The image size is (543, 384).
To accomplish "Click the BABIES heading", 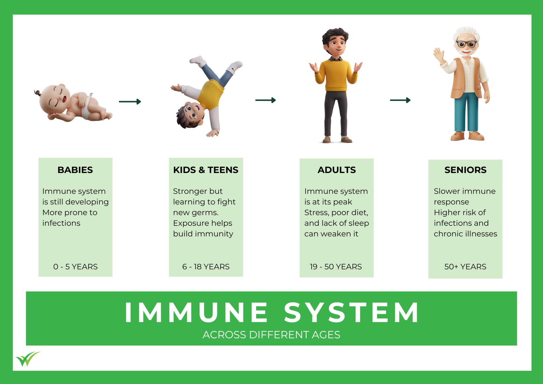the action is click(x=75, y=170).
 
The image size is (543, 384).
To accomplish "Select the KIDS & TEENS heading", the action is click(x=206, y=170).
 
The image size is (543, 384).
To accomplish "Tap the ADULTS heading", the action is click(x=337, y=170).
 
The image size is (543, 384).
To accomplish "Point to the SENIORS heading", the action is click(x=466, y=170).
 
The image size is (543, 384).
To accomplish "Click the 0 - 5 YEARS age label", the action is click(x=75, y=267).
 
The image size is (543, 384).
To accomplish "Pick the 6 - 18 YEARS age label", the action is click(x=206, y=267).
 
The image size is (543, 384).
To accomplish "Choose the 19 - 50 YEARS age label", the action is click(x=336, y=267).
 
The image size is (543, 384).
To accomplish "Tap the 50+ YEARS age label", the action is click(x=465, y=267).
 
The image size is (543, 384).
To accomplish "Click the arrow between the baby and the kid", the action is click(x=130, y=101).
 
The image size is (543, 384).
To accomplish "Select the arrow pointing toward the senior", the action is click(x=400, y=100).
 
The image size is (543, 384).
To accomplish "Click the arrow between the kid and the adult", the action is click(x=265, y=100).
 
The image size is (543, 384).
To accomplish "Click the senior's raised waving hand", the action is click(x=439, y=55).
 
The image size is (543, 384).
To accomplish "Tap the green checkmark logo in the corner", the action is click(x=28, y=359).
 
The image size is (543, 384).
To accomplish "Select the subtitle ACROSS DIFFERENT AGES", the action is click(x=271, y=335).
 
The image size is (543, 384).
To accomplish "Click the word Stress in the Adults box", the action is click(x=316, y=213).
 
